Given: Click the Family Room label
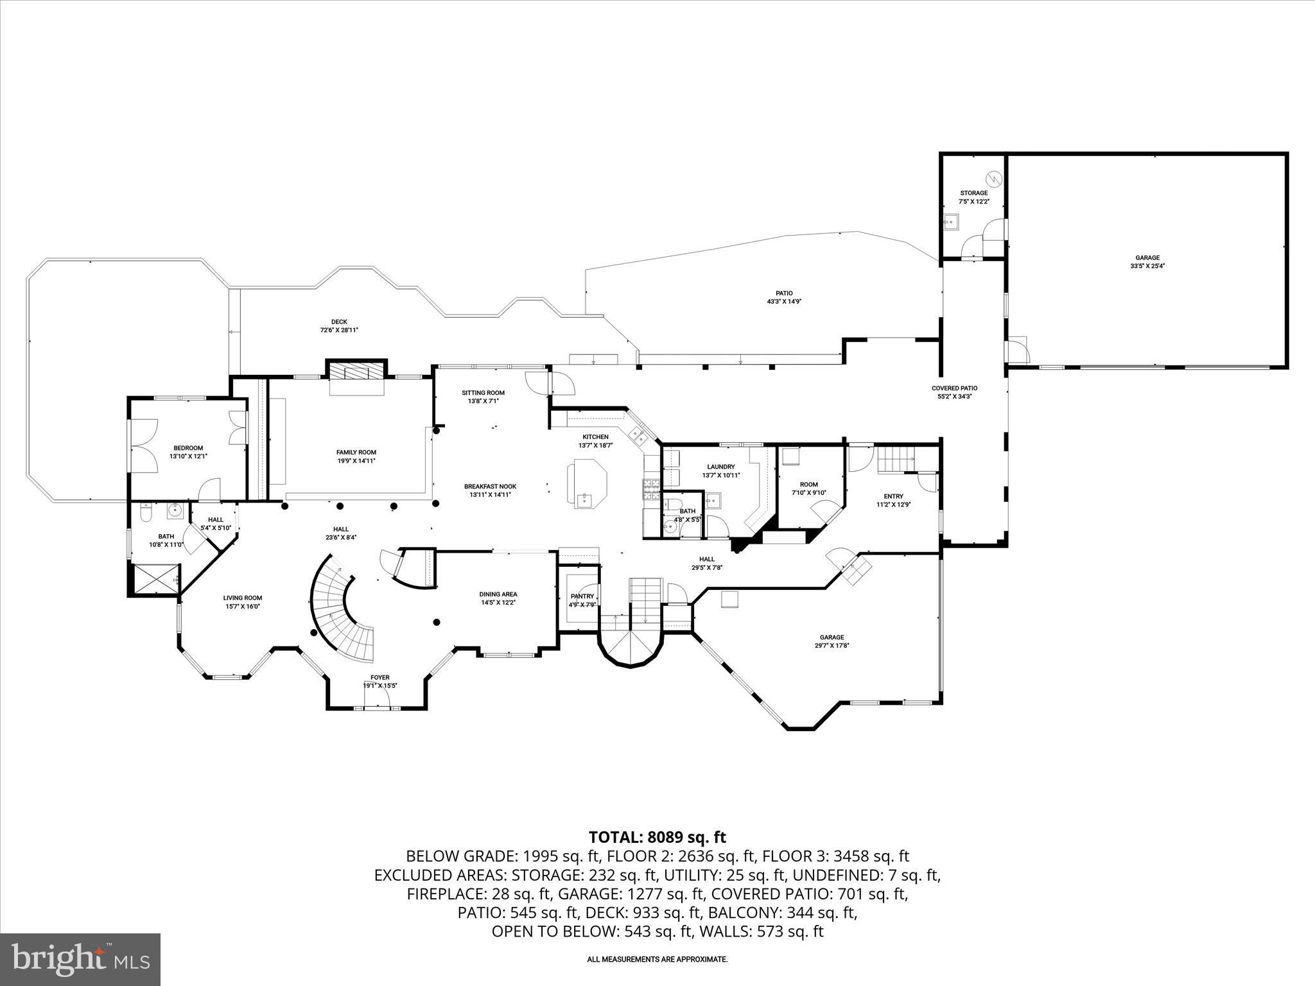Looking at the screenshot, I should pyautogui.click(x=356, y=456).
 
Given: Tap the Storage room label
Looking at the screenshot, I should pyautogui.click(x=973, y=197).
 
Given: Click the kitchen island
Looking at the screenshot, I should pyautogui.click(x=586, y=483).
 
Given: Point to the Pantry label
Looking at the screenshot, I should pyautogui.click(x=582, y=600).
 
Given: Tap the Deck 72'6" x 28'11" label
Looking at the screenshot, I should pyautogui.click(x=339, y=326).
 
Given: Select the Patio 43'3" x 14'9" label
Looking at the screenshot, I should pyautogui.click(x=784, y=297).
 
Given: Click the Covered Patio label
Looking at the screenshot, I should pyautogui.click(x=954, y=392).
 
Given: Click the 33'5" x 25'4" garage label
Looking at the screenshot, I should pyautogui.click(x=1147, y=262).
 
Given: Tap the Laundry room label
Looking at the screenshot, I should pyautogui.click(x=720, y=471).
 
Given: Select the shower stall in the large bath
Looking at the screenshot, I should pyautogui.click(x=155, y=579).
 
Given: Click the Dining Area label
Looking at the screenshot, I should pyautogui.click(x=498, y=598).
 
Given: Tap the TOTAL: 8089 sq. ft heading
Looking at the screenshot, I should pyautogui.click(x=657, y=837).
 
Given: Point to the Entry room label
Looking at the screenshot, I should pyautogui.click(x=893, y=500).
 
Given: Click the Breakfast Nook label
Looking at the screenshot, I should pyautogui.click(x=490, y=490).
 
